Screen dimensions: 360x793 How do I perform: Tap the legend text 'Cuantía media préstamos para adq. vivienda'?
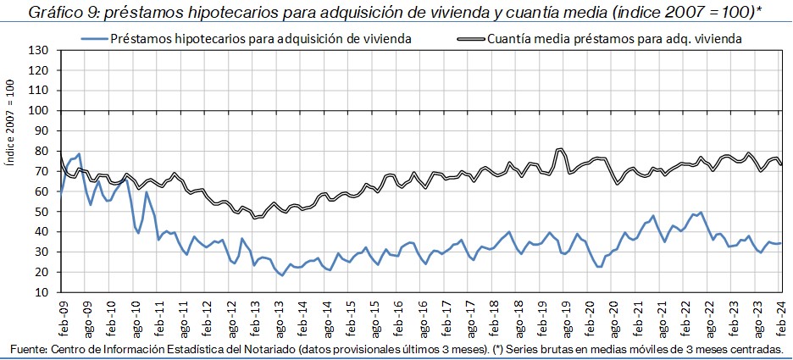coord(615,38)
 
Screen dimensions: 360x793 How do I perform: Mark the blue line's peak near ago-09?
coord(79,154)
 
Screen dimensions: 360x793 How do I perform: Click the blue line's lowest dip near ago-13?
coord(283,275)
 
